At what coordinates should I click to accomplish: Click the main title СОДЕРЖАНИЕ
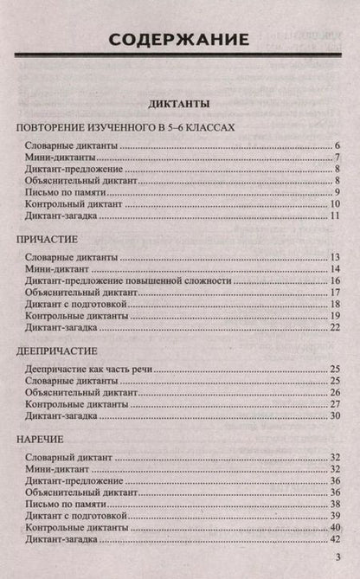point(180,39)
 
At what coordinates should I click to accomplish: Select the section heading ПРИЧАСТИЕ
point(48,238)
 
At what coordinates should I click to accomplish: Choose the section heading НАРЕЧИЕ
point(42,440)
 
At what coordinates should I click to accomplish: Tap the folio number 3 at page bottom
point(336,560)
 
